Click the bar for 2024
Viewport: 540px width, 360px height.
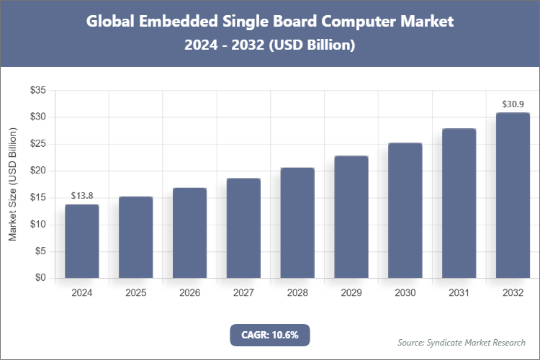(x=81, y=241)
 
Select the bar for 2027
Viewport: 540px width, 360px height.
(x=243, y=228)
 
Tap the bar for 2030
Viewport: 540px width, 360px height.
(x=405, y=210)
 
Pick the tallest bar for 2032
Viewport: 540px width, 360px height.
(x=513, y=195)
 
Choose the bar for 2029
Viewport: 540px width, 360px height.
(x=351, y=217)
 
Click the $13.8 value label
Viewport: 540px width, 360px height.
(x=82, y=196)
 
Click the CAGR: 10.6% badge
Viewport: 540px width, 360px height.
(x=269, y=335)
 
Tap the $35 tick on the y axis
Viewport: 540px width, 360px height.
(x=37, y=91)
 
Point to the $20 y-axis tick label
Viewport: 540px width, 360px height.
(x=37, y=171)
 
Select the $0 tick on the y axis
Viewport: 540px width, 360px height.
(x=40, y=279)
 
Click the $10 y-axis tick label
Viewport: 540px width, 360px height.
(x=37, y=225)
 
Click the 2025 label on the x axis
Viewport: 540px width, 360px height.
(x=135, y=293)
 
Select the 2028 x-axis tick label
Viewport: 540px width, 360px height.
(x=297, y=293)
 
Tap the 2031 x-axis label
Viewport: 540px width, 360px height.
(x=459, y=293)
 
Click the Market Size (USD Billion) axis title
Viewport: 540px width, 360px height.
(x=12, y=184)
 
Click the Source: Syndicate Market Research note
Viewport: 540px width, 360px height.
(x=462, y=342)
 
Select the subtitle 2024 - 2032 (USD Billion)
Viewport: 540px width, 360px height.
(x=270, y=45)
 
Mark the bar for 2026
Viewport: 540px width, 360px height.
(x=189, y=233)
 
